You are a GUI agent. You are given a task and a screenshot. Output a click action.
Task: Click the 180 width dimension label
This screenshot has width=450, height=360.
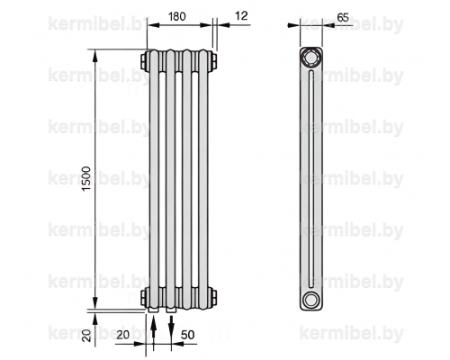click(x=176, y=16)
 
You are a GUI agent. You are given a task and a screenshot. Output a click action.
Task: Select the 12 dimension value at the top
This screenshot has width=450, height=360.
click(x=242, y=15)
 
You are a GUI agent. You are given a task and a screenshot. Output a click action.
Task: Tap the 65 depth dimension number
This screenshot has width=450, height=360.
click(x=343, y=17)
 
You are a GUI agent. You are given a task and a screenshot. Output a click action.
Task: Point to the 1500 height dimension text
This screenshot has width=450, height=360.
click(x=86, y=179)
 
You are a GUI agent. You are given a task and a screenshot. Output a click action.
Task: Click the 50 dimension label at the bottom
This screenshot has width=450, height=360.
click(x=188, y=335)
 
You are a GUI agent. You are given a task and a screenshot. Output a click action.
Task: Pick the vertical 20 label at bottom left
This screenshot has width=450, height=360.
click(x=86, y=335)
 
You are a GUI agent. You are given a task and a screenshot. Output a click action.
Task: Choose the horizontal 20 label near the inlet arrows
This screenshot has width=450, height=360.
click(x=123, y=335)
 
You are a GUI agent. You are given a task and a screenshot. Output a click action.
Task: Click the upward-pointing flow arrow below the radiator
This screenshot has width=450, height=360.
click(x=153, y=333)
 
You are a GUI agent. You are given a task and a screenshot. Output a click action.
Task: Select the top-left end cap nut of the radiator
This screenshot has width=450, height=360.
click(x=144, y=61)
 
